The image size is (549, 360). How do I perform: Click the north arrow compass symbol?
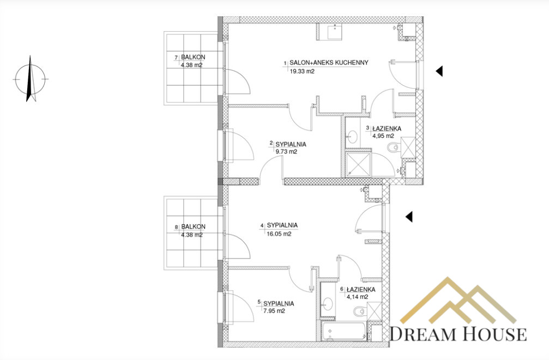[x=31, y=79]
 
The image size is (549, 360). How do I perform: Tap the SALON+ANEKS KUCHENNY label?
[x=329, y=63]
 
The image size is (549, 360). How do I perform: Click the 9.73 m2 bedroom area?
[x=286, y=152]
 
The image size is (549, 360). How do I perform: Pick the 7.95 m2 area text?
[x=274, y=311]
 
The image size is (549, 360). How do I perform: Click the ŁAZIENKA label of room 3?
[x=387, y=129]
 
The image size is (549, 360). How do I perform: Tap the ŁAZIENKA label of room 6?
[x=360, y=290]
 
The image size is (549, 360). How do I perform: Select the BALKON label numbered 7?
[x=193, y=57]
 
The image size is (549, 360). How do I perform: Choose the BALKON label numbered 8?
[x=194, y=226]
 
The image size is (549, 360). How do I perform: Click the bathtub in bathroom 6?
[x=345, y=332]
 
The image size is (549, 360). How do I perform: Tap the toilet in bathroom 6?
[x=360, y=311]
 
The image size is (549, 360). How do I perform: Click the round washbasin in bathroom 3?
[x=352, y=136]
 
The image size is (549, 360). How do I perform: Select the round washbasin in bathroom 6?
[x=328, y=304]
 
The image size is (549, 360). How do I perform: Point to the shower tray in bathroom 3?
[x=358, y=164]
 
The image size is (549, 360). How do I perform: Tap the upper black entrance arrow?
[x=439, y=71]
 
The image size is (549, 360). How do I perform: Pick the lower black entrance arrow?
[x=409, y=217]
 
